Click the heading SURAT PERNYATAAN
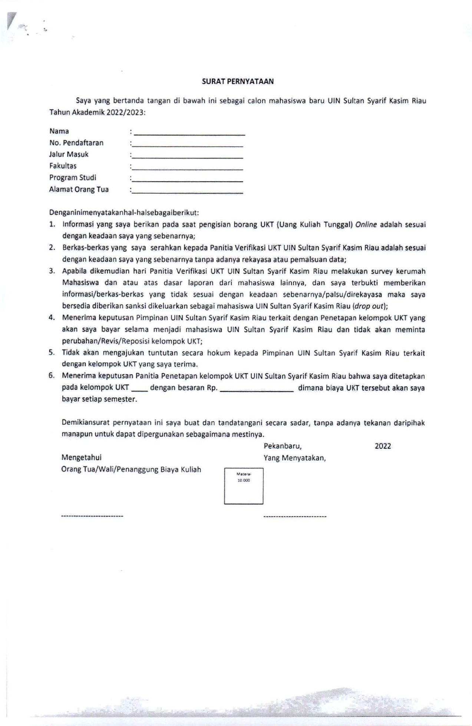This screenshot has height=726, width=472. point(238,82)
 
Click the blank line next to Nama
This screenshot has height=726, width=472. point(189,133)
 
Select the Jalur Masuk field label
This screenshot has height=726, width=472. point(69,154)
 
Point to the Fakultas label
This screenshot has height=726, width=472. point(63,166)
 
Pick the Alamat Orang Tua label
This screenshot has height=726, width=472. point(79,190)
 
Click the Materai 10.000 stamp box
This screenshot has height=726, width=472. point(244,486)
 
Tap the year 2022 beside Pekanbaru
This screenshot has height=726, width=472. point(383,446)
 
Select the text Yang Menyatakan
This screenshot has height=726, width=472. point(294,458)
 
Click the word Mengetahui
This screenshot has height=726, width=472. point(82,458)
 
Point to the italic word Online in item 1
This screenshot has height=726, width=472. point(366,224)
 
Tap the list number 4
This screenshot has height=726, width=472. point(52,318)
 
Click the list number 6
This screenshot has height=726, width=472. point(52,376)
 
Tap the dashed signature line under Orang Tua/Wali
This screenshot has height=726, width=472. point(92,516)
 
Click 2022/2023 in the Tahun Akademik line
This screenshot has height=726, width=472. point(125,112)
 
